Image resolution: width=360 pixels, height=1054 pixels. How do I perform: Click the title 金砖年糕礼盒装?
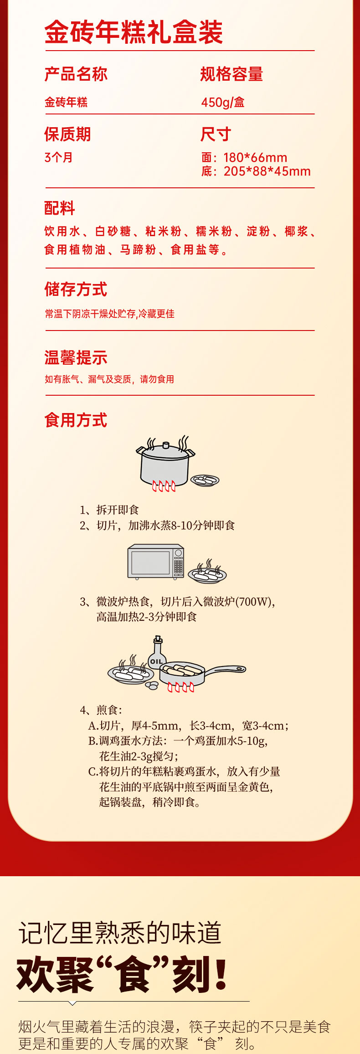point(134,32)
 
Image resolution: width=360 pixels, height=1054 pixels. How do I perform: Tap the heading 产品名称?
point(76,74)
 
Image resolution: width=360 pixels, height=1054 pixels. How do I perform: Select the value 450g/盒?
point(223,102)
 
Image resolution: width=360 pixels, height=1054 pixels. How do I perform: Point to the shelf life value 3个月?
point(58,158)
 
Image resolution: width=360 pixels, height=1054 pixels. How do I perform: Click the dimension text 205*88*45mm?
point(267,171)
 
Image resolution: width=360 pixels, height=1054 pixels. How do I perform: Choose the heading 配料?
point(60,208)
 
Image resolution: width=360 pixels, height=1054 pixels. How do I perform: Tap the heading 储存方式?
point(76,289)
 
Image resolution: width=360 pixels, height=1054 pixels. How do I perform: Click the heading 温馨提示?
point(76,357)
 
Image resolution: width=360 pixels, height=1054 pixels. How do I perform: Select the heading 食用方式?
point(76,420)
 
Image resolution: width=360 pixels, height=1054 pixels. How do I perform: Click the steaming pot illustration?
point(165,463)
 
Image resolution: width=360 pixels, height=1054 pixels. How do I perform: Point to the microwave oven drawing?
point(156,561)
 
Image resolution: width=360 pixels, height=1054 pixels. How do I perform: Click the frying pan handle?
point(225,670)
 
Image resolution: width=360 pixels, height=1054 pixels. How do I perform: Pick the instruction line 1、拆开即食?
point(109,510)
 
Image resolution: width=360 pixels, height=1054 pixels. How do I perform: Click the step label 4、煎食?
point(101,710)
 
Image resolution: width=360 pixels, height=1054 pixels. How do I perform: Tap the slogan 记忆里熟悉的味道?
point(120,933)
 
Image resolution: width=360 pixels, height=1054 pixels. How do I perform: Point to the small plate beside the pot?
point(205,480)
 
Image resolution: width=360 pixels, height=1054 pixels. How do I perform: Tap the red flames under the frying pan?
point(181,687)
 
